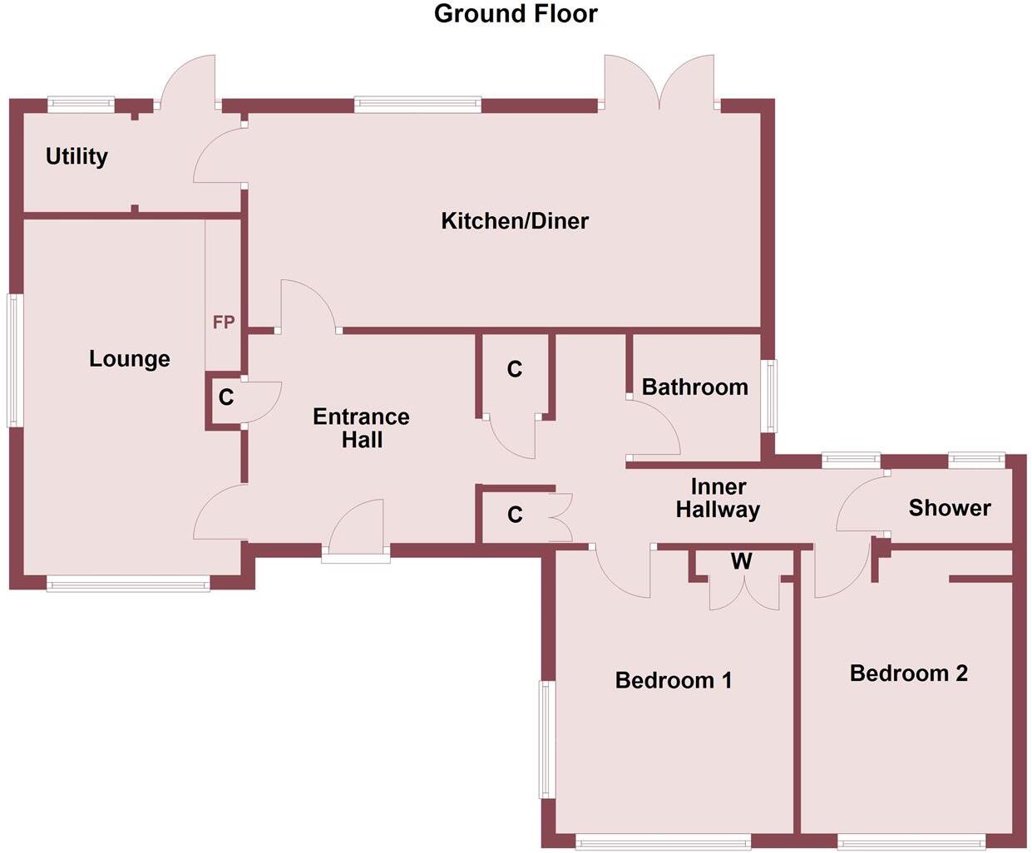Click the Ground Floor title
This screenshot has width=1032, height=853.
[x=516, y=14]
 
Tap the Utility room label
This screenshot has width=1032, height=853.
[x=77, y=156]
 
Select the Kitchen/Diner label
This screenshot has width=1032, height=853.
[x=515, y=221]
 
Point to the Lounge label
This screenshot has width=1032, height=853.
[x=130, y=359]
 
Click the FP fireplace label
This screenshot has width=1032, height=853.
[x=224, y=322]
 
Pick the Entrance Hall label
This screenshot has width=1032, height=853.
[x=361, y=427]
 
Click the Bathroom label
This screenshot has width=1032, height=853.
[x=694, y=387]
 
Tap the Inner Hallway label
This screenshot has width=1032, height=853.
[x=718, y=498]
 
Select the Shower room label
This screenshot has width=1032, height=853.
[x=950, y=508]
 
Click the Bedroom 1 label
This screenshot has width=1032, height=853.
[x=674, y=681]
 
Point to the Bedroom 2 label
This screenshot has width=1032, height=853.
[x=909, y=673]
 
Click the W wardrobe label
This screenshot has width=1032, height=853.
[x=741, y=561]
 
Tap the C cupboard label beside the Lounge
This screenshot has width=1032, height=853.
[x=226, y=398]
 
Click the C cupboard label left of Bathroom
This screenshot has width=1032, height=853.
[x=515, y=369]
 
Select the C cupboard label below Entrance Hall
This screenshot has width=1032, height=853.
[x=515, y=515]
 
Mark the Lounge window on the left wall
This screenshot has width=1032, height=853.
[x=14, y=360]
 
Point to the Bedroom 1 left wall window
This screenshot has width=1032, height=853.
[x=546, y=740]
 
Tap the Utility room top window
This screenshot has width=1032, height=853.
[x=81, y=104]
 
